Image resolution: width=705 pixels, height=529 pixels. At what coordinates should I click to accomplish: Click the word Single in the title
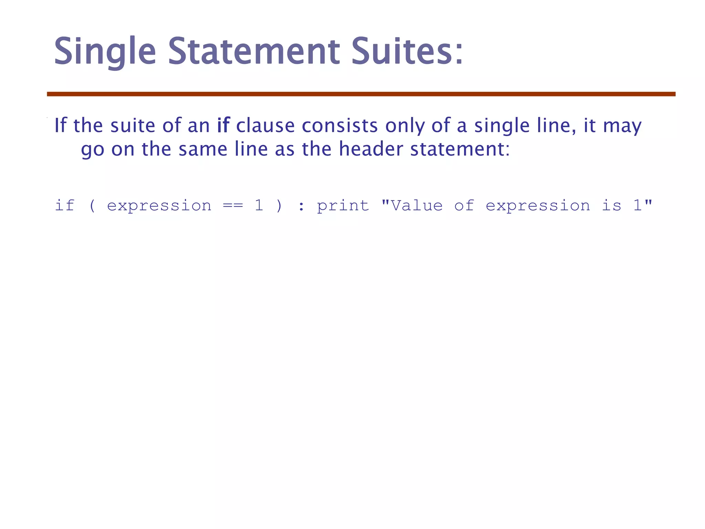pos(105,52)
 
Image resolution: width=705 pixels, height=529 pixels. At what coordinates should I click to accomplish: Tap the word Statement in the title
pos(254,52)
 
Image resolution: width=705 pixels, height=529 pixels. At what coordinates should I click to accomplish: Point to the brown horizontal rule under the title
pos(361,94)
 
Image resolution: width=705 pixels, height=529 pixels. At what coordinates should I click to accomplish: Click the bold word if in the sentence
pos(223,125)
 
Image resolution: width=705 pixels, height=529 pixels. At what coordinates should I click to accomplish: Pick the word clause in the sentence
pos(265,125)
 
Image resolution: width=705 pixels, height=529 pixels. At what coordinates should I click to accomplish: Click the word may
pos(622,126)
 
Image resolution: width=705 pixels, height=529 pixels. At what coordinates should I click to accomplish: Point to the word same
pos(203,149)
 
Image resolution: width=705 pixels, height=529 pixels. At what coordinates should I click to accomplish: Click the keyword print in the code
pos(343,206)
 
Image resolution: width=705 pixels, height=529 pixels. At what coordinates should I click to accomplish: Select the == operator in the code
pos(233,206)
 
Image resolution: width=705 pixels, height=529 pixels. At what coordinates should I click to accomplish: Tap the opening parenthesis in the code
pos(92,206)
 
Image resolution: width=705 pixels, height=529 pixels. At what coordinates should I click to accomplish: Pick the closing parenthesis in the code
pos(279,206)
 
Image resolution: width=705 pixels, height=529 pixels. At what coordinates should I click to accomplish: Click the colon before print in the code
pos(301,206)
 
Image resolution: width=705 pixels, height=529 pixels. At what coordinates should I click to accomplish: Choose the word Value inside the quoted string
pos(417,206)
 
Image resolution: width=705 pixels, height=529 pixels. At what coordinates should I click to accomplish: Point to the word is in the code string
pos(611,206)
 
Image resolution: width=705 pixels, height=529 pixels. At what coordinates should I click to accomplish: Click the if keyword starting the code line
pos(65,206)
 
